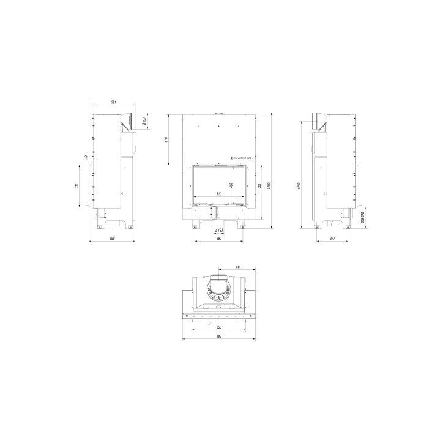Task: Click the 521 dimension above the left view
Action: coord(113,102)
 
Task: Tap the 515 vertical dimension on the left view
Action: coord(77,186)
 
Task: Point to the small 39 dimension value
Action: coord(86,158)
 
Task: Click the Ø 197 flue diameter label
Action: coord(143,121)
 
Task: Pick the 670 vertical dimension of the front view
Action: coord(166,140)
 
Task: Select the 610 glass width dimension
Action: coord(219,194)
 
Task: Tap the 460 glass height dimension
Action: coord(231,184)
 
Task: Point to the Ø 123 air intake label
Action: coord(218,230)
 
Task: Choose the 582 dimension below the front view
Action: coord(218,238)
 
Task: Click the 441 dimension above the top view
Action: coord(239,267)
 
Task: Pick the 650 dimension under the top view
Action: coord(218,328)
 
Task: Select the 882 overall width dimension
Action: coord(218,337)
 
